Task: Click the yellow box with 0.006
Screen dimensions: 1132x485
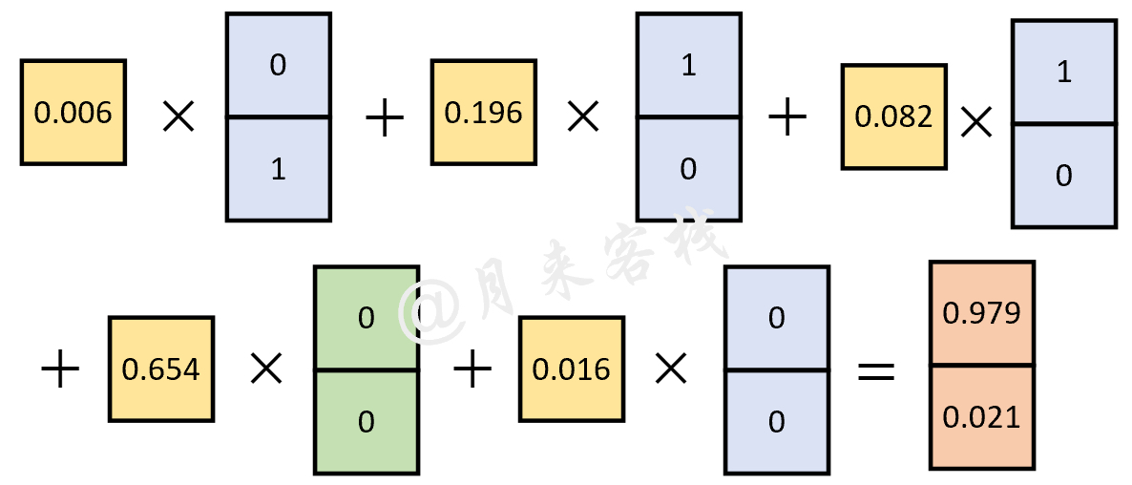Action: tap(73, 113)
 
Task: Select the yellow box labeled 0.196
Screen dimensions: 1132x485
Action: tap(484, 113)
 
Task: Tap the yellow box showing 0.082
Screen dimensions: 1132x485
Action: tap(893, 116)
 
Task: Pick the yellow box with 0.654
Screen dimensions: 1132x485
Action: tap(161, 369)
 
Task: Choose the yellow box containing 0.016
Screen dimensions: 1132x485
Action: tap(571, 369)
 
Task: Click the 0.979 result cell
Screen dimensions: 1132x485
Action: tap(982, 313)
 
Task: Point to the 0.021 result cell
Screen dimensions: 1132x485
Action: tap(982, 418)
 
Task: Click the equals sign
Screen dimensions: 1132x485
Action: tap(875, 371)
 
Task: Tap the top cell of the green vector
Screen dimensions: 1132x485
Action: tap(367, 318)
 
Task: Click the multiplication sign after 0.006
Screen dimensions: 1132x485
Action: tap(178, 116)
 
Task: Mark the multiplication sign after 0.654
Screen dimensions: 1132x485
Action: tap(266, 370)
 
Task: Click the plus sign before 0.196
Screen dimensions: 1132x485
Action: tap(385, 118)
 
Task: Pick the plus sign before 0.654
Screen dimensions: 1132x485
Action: tap(60, 372)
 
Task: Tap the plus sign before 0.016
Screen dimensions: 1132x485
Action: tap(472, 372)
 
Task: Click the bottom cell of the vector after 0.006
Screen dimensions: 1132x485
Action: tap(279, 169)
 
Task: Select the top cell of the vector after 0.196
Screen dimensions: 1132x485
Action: tap(689, 64)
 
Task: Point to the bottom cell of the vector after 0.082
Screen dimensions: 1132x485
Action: tap(1064, 177)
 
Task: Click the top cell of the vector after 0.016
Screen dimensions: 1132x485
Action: tap(777, 318)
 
